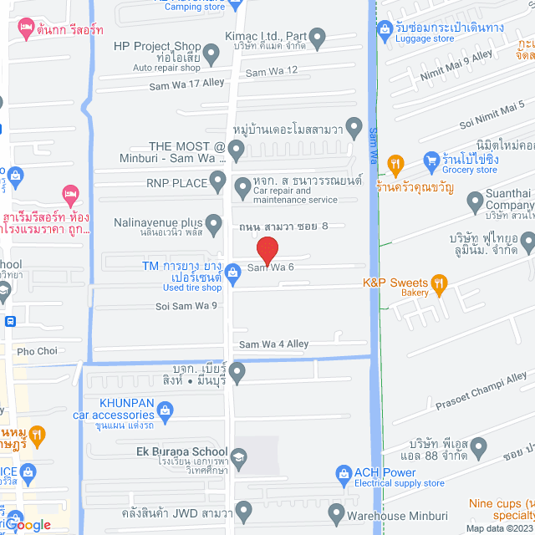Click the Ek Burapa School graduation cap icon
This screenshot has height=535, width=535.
(x=239, y=457)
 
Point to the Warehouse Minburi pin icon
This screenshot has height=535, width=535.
(x=337, y=512)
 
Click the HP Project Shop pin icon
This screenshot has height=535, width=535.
(x=211, y=55)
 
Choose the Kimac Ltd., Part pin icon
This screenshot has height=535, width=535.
(x=317, y=37)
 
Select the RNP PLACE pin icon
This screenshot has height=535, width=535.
(x=218, y=179)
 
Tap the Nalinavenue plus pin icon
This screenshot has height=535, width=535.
(x=213, y=225)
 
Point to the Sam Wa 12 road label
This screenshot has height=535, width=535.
(x=271, y=70)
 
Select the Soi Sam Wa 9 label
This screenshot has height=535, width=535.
(x=186, y=306)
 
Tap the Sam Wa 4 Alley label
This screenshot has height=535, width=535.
(x=273, y=344)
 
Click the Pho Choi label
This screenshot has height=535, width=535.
(x=36, y=351)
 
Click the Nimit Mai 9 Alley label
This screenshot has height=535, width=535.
(x=458, y=56)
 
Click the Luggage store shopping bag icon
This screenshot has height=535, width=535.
(x=385, y=30)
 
